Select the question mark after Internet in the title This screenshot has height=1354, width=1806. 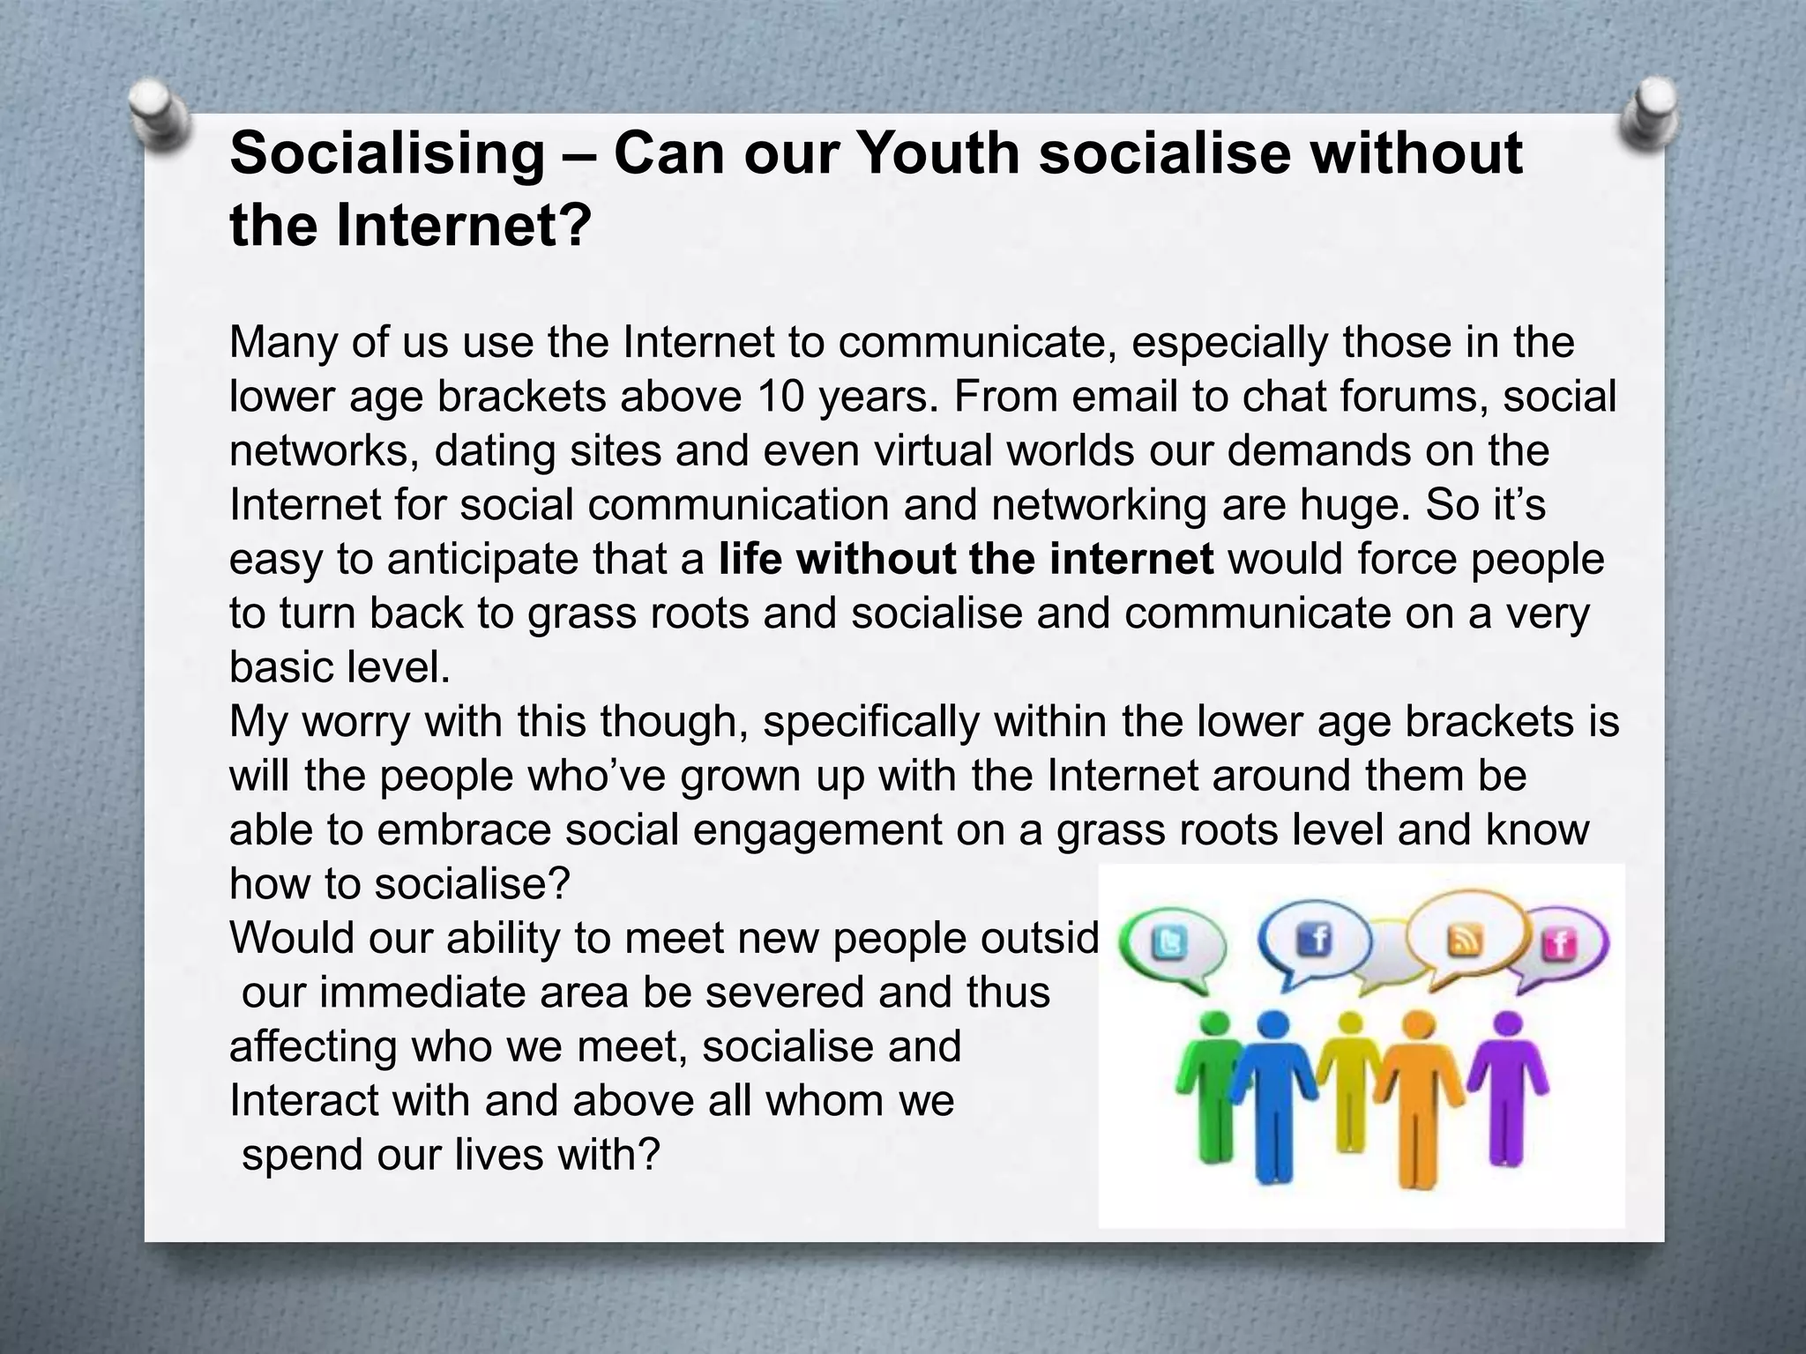point(573,226)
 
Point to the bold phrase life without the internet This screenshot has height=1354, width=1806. point(966,560)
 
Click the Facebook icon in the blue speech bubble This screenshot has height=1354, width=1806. point(1315,940)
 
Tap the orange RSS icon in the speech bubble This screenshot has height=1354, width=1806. point(1464,941)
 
